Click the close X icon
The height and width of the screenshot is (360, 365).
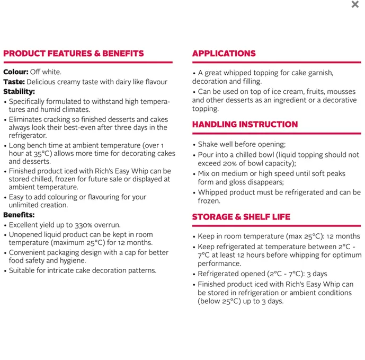(x=355, y=5)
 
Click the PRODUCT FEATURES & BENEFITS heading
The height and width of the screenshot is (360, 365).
(x=74, y=54)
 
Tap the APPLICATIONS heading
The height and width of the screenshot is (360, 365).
(x=224, y=54)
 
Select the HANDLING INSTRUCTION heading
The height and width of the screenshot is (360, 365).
(x=245, y=125)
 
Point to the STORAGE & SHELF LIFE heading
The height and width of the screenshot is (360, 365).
(x=241, y=217)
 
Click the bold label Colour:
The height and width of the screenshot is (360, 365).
(x=16, y=72)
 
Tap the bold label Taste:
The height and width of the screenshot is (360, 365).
(x=14, y=82)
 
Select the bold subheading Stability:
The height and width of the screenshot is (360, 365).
(x=19, y=91)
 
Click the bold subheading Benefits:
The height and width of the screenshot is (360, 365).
(x=19, y=215)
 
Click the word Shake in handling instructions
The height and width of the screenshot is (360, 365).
(x=208, y=144)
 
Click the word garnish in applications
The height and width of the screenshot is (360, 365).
(x=318, y=73)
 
